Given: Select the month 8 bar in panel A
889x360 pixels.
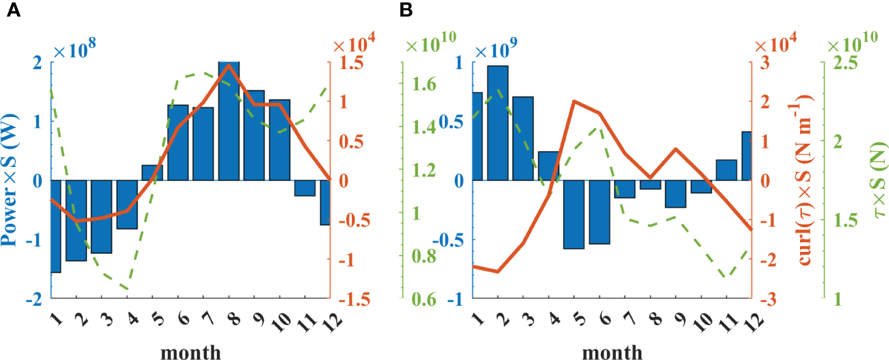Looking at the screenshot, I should tap(229, 121).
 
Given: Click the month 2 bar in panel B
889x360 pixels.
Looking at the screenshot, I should tap(498, 123).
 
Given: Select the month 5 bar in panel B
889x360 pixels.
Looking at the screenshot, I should tap(574, 214).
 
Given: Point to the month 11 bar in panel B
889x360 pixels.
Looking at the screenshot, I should tap(726, 170).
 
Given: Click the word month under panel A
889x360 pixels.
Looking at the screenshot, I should tap(190, 352).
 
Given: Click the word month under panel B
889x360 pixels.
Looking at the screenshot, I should tap(613, 352).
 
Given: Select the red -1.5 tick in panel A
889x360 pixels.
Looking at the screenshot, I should tap(348, 300).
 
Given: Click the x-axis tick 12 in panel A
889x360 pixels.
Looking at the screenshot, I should tap(329, 321).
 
